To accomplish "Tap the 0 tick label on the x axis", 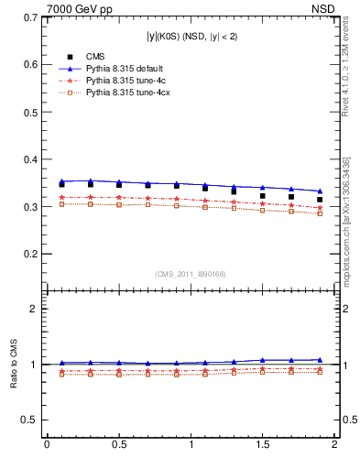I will pyautogui.click(x=47, y=445).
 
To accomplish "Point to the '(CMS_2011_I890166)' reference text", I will pyautogui.click(x=191, y=272).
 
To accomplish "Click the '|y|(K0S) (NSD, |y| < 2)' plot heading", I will pyautogui.click(x=191, y=36).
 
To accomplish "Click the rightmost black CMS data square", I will pyautogui.click(x=320, y=200).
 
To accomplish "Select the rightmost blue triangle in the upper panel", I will pyautogui.click(x=320, y=191).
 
